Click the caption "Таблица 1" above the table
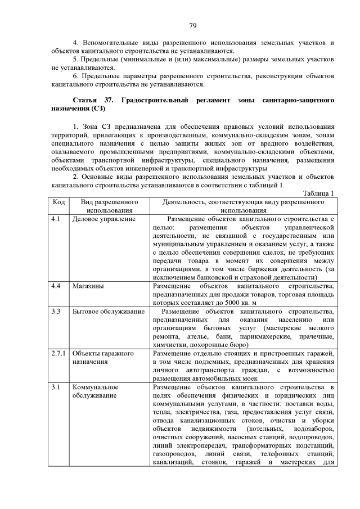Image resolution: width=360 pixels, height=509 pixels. tap(318, 193)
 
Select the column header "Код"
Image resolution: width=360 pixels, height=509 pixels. tap(58, 201)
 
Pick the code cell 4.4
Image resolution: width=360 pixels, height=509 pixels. tap(55, 286)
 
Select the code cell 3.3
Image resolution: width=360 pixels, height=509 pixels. tap(55, 311)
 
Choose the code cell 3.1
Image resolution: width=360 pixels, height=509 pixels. tap(55, 387)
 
